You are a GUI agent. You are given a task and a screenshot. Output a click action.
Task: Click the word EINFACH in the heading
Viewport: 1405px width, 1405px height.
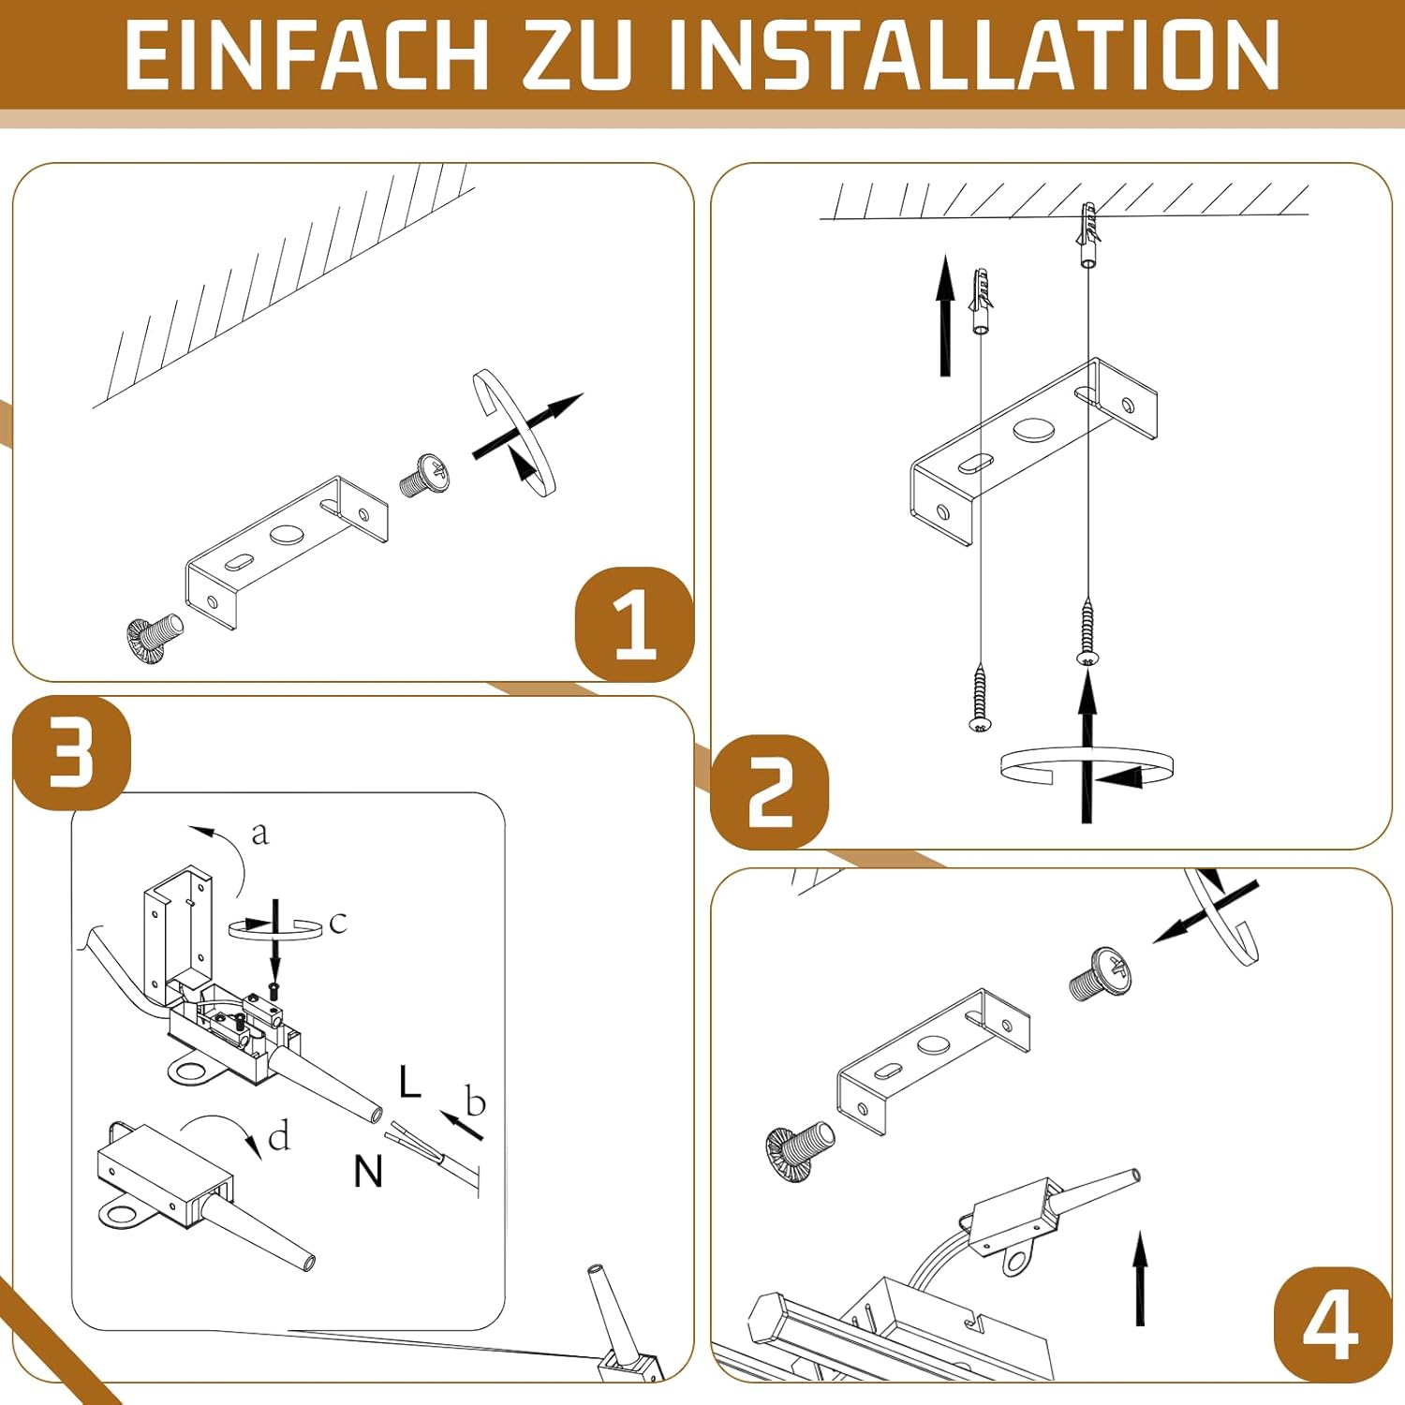tap(306, 55)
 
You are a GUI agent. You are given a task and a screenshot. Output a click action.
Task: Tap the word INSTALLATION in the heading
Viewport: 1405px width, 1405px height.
tap(974, 55)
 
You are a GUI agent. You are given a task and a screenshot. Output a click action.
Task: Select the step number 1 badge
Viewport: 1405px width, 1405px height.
tap(635, 624)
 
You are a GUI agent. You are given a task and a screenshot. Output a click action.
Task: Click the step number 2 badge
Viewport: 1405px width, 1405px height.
tap(770, 792)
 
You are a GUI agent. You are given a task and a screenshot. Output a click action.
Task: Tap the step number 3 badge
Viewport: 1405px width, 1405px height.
tap(72, 752)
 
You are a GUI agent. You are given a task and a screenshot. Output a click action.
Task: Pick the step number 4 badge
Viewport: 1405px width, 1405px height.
tap(1332, 1324)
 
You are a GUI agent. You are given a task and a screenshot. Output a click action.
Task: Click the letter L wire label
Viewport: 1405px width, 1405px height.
tap(409, 1081)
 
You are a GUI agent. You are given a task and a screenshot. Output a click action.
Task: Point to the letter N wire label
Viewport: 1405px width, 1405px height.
tap(368, 1171)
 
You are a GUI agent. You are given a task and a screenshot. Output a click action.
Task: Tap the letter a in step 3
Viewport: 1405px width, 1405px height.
tap(259, 833)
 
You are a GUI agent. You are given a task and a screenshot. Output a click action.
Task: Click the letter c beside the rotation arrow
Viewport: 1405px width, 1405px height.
tap(338, 923)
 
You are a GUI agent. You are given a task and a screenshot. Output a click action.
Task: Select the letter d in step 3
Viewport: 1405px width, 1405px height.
tap(279, 1136)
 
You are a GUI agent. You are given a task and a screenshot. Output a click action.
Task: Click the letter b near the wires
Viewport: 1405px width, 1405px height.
tap(476, 1102)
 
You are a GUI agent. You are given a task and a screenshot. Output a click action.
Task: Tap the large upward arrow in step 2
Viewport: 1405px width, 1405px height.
tap(945, 315)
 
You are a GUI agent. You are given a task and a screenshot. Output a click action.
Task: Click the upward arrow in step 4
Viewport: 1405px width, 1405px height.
tap(1140, 1279)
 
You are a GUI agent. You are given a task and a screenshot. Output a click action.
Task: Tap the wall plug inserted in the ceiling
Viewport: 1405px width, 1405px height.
tap(1087, 234)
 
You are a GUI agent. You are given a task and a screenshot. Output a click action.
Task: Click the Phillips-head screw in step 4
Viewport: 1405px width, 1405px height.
tap(1102, 973)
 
